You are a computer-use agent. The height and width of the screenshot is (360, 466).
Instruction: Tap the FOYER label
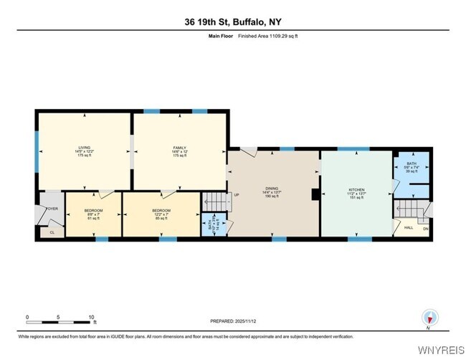52,209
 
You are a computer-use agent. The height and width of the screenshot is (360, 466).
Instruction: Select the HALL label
408,228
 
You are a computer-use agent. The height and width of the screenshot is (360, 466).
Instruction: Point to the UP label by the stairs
234,195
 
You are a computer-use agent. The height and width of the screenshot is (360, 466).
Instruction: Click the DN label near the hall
425,229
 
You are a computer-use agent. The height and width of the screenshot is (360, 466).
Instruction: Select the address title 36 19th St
232,22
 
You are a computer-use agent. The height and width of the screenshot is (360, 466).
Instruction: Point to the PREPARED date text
232,321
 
